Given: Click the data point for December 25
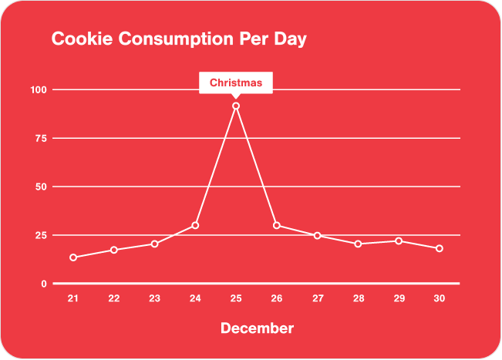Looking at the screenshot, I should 236,106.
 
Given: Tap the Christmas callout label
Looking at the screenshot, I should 236,82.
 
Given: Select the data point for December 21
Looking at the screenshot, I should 73,257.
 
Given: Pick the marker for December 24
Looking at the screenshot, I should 195,225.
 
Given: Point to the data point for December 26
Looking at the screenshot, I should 277,226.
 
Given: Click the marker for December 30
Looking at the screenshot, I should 440,248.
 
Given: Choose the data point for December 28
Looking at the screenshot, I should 359,244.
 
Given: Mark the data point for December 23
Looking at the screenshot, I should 154,244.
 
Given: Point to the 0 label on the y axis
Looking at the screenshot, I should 44,284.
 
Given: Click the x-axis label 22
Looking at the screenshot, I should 114,298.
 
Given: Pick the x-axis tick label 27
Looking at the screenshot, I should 318,298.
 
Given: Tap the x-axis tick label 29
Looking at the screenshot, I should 399,298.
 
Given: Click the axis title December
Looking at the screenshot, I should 257,328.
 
